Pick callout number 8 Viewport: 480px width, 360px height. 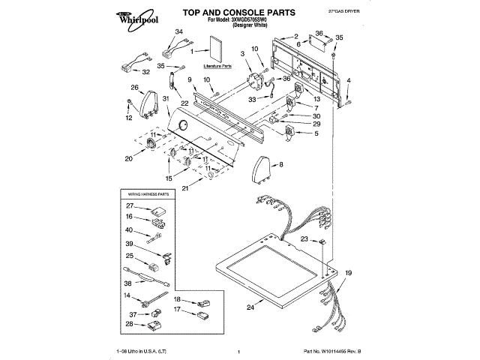pos(281,163)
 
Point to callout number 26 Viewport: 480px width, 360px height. pos(135,88)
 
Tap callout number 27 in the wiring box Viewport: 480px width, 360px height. pos(130,205)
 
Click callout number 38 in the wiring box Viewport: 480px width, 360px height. pos(129,283)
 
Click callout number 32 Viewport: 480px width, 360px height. pos(146,72)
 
